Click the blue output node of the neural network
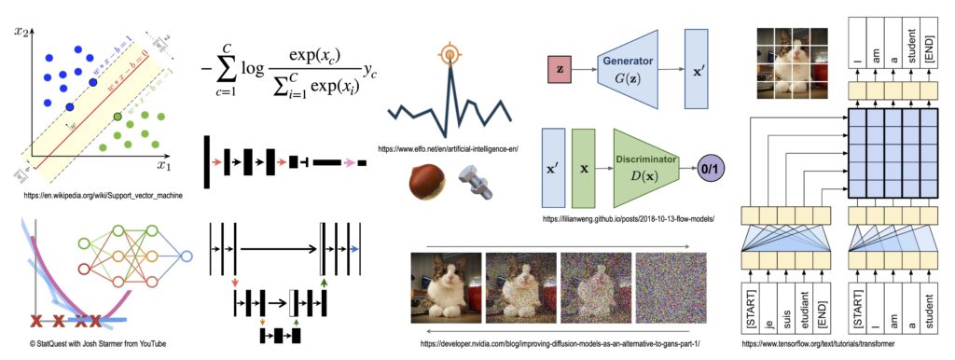tap(187, 256)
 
